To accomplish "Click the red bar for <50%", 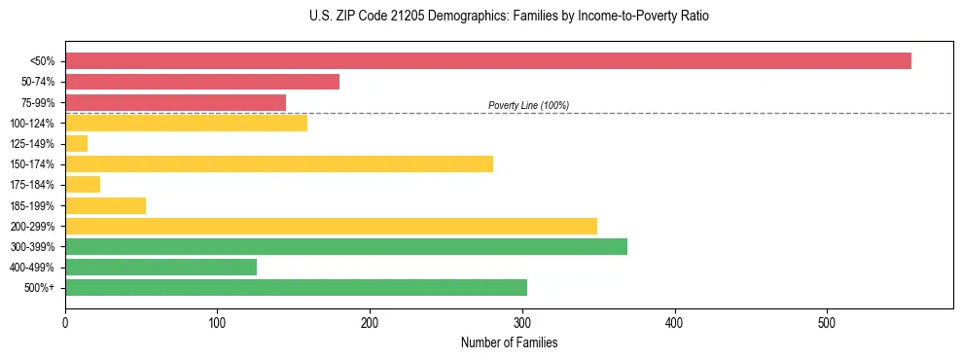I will pos(487,60).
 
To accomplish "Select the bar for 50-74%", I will pos(202,82).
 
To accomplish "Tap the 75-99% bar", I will pos(175,102).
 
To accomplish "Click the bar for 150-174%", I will pos(279,163).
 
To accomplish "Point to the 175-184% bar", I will pos(83,184).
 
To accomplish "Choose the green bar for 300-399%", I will pos(346,246).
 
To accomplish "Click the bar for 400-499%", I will pos(160,267).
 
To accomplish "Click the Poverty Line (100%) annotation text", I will pos(528,105).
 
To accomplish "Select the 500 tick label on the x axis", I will pos(827,322).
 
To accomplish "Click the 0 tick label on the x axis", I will pos(65,322).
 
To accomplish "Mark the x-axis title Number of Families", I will pos(509,342).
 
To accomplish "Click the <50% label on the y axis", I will pos(42,61).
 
